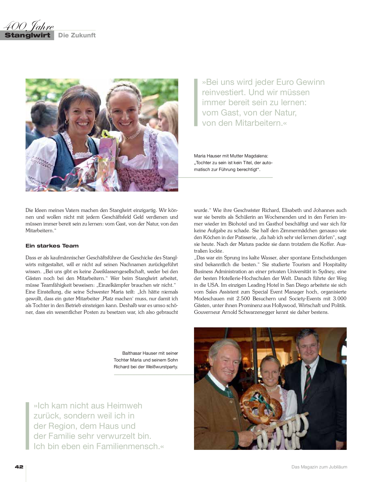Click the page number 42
tap(19, 467)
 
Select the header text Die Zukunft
tap(77, 35)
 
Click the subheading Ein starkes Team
tap(52, 246)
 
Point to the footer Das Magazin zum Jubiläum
tap(319, 467)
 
